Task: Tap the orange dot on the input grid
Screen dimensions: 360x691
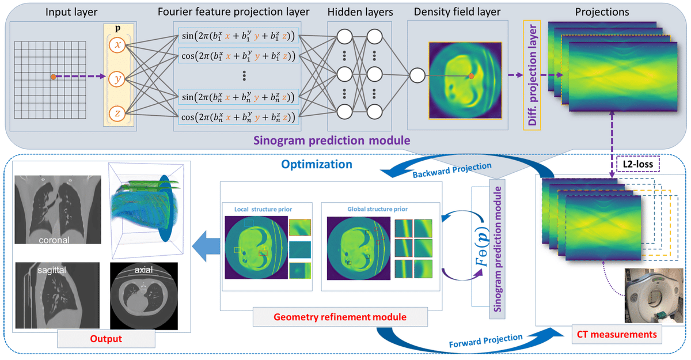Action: click(53, 77)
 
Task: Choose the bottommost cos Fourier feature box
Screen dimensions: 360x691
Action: click(238, 118)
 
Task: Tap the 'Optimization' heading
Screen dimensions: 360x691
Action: click(316, 164)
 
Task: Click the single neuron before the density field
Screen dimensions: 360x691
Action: click(417, 75)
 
